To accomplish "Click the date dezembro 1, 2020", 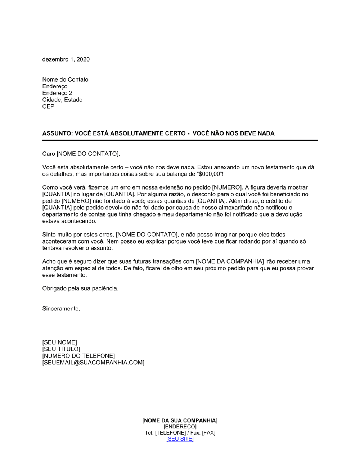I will (66, 59).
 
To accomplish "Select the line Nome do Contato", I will (65, 79).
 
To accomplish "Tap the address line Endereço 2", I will (57, 93).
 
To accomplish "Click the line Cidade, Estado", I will (62, 100).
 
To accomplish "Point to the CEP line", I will (48, 106).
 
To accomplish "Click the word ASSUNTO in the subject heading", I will (57, 133).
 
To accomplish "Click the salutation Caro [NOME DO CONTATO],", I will (81, 154).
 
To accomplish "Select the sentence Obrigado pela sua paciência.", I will (80, 288).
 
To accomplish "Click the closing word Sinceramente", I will (61, 309).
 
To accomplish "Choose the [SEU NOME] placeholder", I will (60, 342).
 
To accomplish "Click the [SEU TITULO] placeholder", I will (61, 349).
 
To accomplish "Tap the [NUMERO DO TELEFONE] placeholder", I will (78, 356).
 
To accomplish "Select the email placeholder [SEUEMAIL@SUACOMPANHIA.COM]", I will (93, 363).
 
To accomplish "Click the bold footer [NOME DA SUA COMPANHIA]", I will (180, 420).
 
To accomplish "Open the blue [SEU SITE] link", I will (180, 439).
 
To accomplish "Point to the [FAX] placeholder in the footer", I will (209, 433).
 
